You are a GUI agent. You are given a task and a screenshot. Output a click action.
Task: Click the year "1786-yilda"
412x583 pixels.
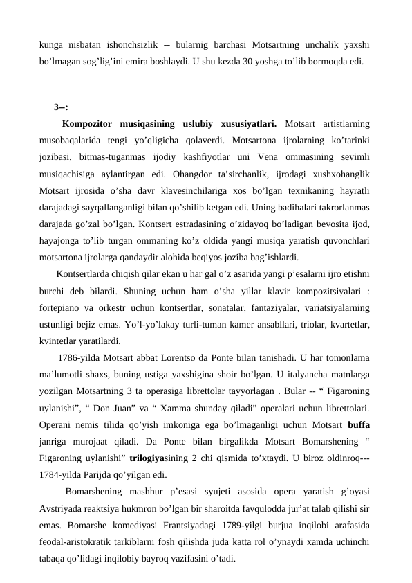click(x=80, y=358)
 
